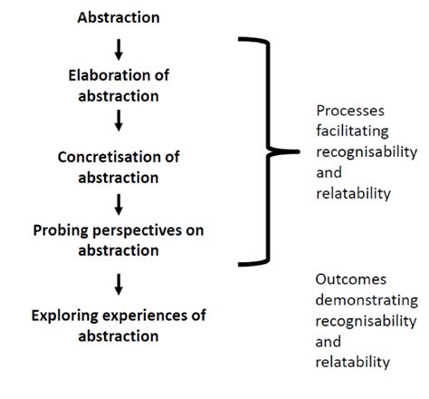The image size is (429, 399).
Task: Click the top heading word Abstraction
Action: [119, 16]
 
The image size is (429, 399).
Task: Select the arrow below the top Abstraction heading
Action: [119, 48]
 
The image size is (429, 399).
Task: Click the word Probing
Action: [62, 230]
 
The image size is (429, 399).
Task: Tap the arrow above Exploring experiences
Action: [119, 286]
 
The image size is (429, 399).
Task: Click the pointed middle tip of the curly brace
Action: [299, 151]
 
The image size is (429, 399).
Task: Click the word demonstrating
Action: [366, 301]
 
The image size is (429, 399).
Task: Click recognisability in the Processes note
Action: [365, 151]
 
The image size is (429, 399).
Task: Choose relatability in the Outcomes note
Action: [353, 361]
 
